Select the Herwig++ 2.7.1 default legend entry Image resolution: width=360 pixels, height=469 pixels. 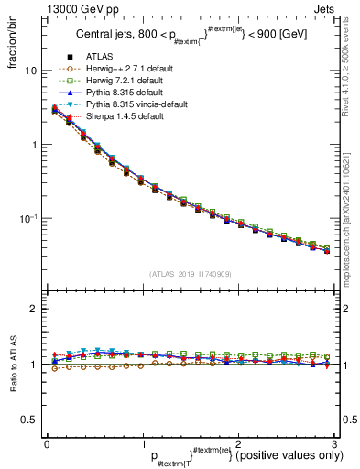point(124,93)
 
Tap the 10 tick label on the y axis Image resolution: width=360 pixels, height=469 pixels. point(29,71)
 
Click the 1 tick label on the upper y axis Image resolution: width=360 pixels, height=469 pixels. point(33,145)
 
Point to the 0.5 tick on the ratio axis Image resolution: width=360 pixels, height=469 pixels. point(28,420)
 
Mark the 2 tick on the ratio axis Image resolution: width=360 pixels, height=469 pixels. point(33,309)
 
